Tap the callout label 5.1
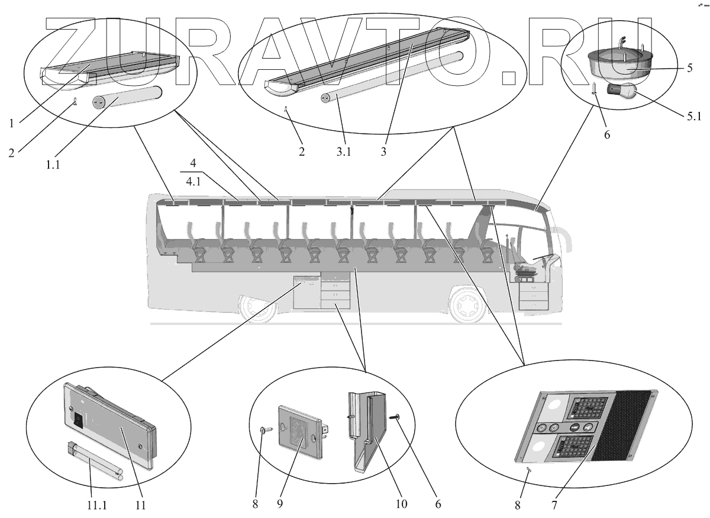(x=693, y=116)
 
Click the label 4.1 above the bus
(x=193, y=183)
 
